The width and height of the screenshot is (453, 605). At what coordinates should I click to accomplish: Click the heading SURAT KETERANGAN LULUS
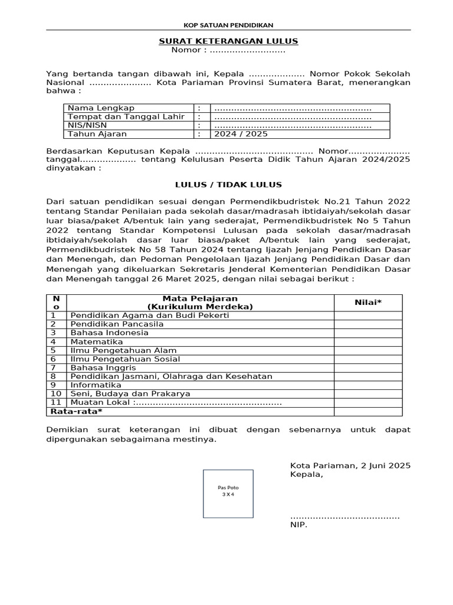point(228,41)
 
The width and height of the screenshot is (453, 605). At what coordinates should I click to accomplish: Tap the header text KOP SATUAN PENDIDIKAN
point(228,24)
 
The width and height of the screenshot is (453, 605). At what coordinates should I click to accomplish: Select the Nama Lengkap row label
point(101,108)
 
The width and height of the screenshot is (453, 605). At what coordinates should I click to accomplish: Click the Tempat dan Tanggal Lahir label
point(126,116)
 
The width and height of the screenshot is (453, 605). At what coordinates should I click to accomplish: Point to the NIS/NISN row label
point(88,125)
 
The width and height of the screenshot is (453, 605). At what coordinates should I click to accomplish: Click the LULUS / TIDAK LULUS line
point(228,185)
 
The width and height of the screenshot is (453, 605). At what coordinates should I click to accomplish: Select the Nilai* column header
point(367,302)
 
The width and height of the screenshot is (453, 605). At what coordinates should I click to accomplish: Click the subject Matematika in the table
point(97,341)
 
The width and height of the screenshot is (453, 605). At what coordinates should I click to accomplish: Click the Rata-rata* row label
point(76,411)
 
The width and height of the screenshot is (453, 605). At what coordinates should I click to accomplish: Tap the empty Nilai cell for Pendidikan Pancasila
point(367,324)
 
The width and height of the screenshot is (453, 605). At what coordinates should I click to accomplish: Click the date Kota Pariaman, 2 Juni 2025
point(350,466)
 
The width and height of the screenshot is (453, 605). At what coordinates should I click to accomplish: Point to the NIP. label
point(298,524)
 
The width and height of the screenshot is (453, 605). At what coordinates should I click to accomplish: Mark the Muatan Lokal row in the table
point(175,402)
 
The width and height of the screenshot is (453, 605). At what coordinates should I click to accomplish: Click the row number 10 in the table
point(56,393)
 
